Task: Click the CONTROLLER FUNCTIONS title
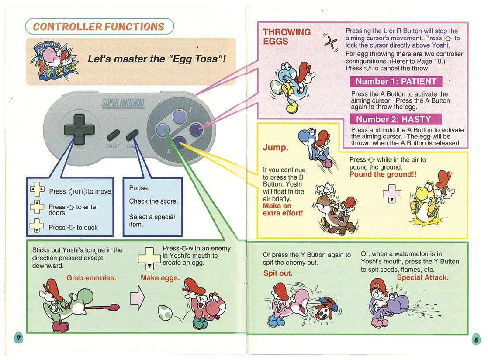click(x=99, y=27)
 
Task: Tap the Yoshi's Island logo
click(x=55, y=61)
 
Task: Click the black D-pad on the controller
click(x=79, y=130)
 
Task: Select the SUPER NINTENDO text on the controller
click(x=123, y=103)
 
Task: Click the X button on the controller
click(x=180, y=117)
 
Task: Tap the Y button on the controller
click(x=163, y=130)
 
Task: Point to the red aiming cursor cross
click(x=331, y=42)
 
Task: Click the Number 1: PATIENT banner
click(x=396, y=82)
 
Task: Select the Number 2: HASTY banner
click(x=395, y=119)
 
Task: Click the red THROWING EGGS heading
click(x=287, y=37)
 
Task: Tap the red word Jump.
click(x=275, y=148)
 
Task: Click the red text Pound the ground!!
click(x=383, y=174)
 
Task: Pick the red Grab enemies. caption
click(x=91, y=278)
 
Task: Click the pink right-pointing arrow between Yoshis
click(x=137, y=298)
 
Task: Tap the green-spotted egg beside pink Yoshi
click(x=165, y=312)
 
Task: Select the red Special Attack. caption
click(x=422, y=277)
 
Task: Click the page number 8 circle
click(x=476, y=339)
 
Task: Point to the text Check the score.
click(x=153, y=201)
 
